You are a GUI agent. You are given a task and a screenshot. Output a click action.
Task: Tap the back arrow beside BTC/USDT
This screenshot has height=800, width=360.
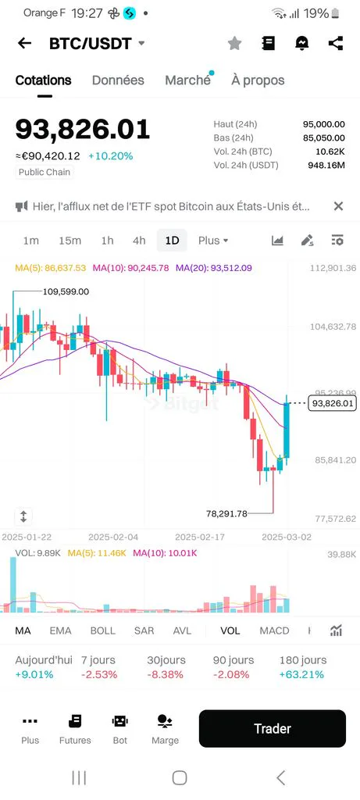pos(24,44)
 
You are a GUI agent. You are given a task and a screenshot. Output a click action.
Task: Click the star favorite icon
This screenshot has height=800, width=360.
pos(234,44)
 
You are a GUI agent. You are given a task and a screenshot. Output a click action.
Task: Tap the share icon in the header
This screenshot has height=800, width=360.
pos(336,44)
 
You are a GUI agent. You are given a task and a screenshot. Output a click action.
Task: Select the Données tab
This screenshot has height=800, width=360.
pos(118,80)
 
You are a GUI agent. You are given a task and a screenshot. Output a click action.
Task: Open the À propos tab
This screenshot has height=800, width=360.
pos(258,80)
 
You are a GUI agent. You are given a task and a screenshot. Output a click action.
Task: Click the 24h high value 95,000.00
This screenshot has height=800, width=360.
pos(324,124)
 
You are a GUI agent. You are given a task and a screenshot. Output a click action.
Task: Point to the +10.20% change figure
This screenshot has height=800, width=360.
pos(110,155)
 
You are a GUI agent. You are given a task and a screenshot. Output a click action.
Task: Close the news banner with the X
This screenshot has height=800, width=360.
pos(338,206)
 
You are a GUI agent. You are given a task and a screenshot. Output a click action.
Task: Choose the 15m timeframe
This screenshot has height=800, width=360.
pos(70,241)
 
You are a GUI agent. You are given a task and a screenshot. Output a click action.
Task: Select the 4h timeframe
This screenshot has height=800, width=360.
pos(139,241)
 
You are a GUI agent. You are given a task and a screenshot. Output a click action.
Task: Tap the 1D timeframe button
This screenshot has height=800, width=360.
pos(173,241)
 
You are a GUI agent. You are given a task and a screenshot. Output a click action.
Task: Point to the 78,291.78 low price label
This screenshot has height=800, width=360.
pos(226,514)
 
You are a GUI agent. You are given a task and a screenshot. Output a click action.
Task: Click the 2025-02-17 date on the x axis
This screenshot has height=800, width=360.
pos(200,537)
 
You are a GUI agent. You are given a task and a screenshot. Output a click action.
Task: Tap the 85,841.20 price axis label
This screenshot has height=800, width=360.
pos(336,460)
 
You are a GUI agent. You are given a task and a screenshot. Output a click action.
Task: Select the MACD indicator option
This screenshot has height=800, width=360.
pos(274,630)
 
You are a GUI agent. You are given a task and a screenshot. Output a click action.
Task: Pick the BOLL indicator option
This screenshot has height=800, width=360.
pos(102,630)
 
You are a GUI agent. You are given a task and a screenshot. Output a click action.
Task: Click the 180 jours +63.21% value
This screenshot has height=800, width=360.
pos(301,674)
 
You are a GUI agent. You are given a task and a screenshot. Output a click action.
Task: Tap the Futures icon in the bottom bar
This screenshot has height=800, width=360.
pos(75,721)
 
